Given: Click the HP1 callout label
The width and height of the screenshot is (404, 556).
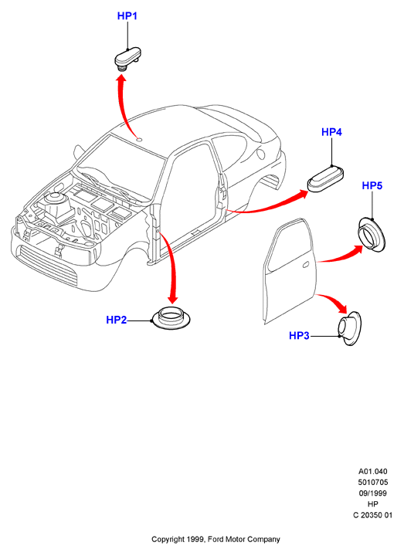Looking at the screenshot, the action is click(x=127, y=16).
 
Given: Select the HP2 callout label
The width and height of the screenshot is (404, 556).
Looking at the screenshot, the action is click(x=117, y=320).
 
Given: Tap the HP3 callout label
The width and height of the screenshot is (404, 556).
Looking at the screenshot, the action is click(x=299, y=335).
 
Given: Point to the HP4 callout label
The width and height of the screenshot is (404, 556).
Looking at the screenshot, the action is click(x=331, y=132).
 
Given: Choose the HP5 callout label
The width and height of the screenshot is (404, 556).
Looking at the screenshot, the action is click(x=372, y=185).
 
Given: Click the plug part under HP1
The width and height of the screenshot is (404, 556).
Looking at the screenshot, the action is click(x=128, y=59).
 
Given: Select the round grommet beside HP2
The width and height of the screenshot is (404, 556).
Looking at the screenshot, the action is click(x=171, y=317).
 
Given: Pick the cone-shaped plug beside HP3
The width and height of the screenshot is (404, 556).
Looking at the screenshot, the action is click(x=349, y=329).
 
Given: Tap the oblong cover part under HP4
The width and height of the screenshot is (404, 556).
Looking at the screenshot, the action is click(x=326, y=179).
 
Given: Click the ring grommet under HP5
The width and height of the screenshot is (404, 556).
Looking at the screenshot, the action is click(x=371, y=235).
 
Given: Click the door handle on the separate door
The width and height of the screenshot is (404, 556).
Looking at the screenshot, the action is click(x=305, y=265).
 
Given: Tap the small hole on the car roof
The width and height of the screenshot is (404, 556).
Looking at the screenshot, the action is click(x=139, y=139).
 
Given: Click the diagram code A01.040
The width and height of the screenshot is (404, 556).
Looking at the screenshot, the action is click(x=373, y=472).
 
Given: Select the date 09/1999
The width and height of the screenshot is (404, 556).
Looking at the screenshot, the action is click(x=373, y=493).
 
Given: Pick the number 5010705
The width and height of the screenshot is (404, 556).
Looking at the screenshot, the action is click(x=373, y=482).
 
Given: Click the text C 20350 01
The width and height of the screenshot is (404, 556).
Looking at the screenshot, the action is click(x=373, y=515).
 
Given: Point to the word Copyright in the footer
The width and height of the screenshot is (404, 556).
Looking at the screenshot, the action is click(x=168, y=540).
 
